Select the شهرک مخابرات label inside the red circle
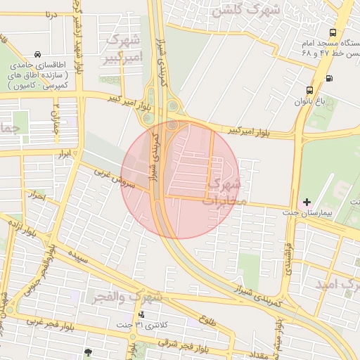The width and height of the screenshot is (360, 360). pyautogui.click(x=224, y=193)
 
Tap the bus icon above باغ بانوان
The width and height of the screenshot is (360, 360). pyautogui.click(x=310, y=90)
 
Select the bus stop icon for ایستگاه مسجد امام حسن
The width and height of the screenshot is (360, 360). pyautogui.click(x=333, y=32)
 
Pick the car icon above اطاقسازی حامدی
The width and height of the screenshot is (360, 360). pyautogui.click(x=37, y=54)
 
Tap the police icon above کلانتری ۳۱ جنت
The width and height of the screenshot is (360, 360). pyautogui.click(x=142, y=315)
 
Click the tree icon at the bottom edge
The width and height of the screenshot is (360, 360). pyautogui.click(x=88, y=352)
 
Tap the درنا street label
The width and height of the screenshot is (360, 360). pyautogui.click(x=49, y=14)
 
